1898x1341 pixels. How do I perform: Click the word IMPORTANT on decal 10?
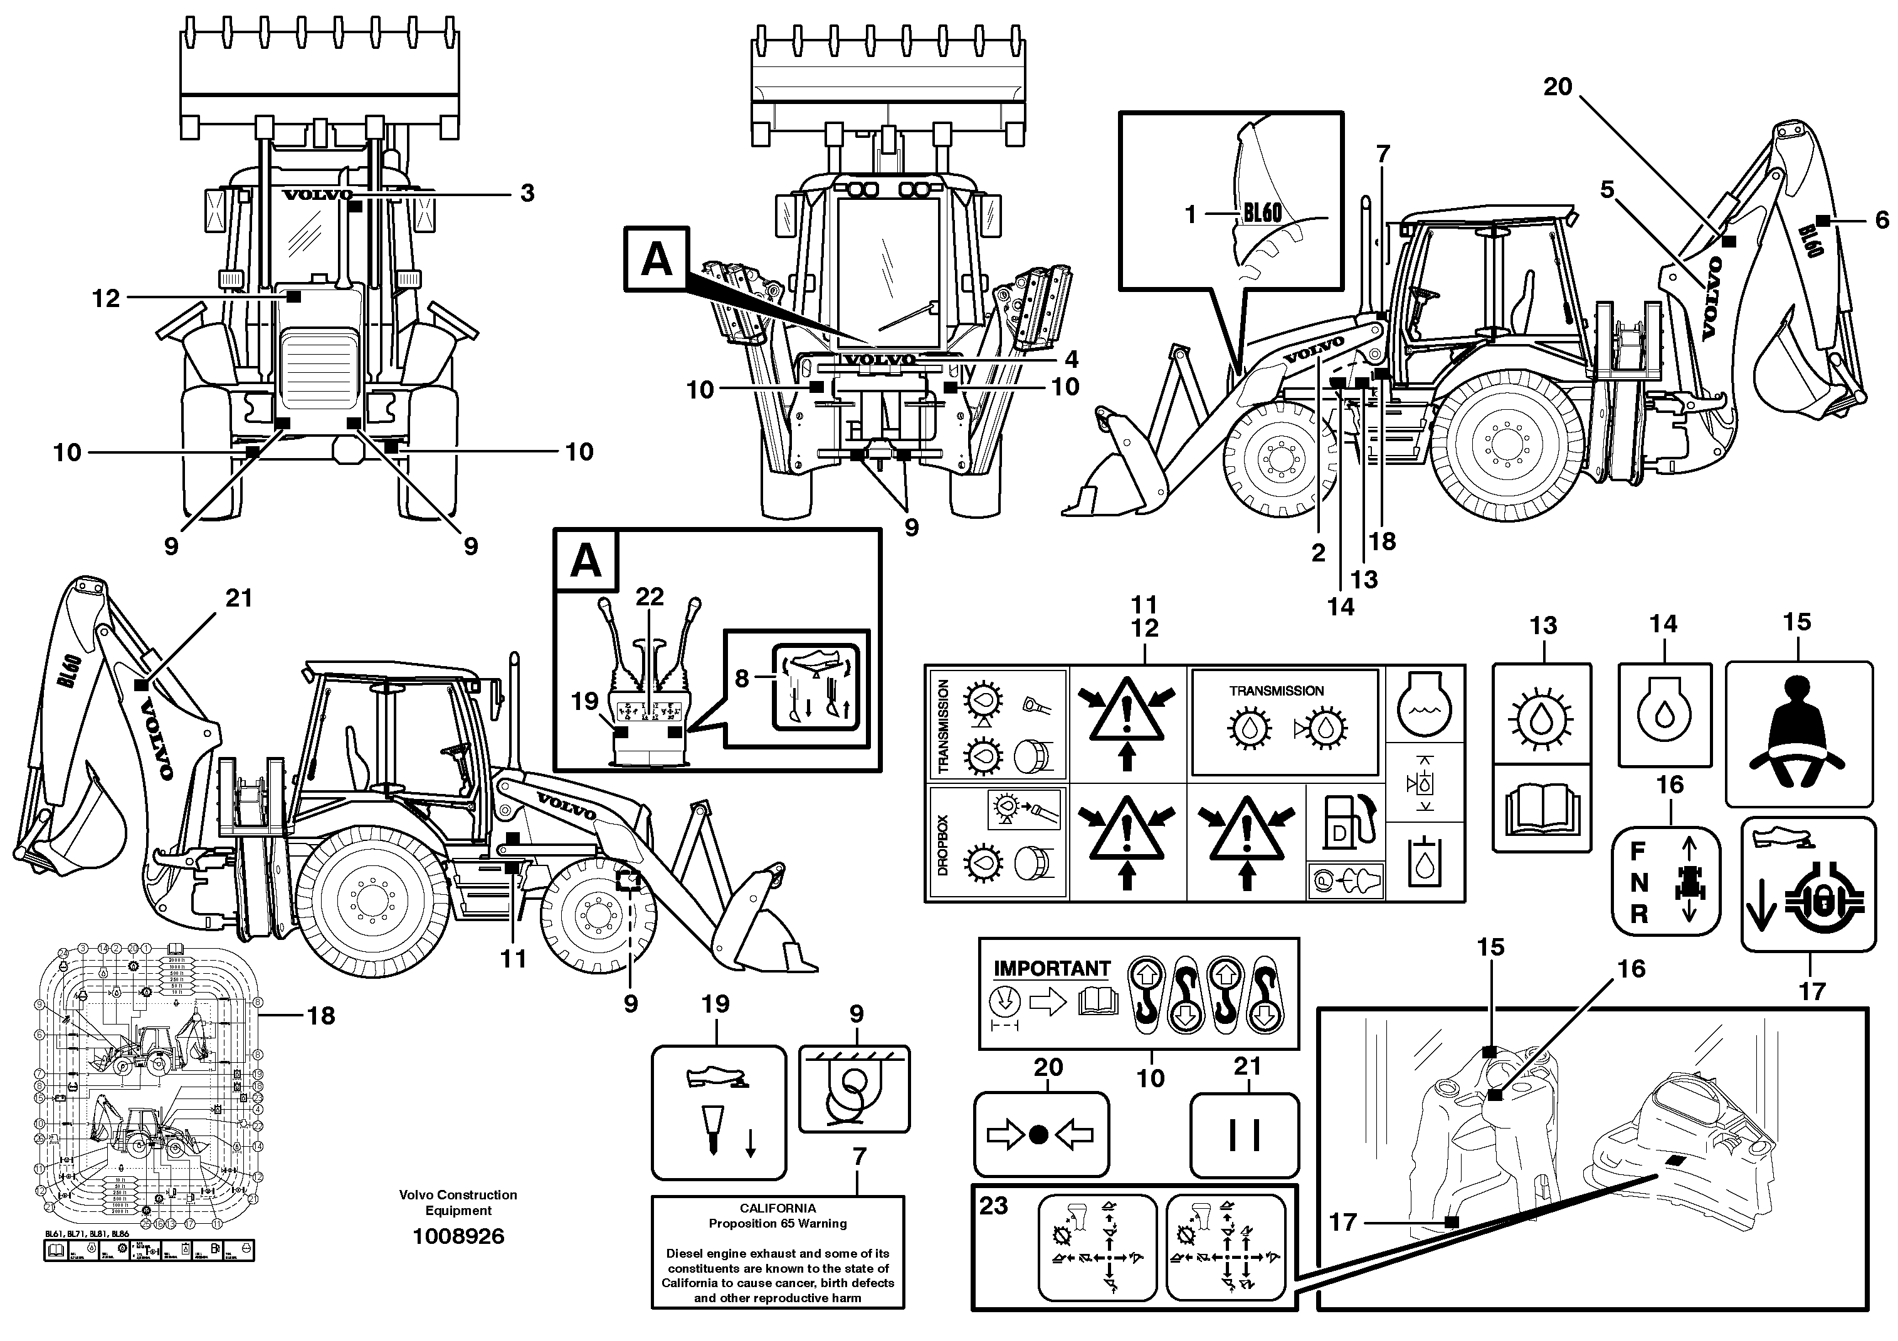(x=1052, y=968)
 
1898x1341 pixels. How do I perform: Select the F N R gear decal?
(x=1666, y=882)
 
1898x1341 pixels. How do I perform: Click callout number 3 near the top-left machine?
(x=527, y=194)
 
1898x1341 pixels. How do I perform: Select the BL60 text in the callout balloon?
(x=1262, y=213)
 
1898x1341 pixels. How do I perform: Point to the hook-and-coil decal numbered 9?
(x=854, y=1088)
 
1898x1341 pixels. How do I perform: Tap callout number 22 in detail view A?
(x=650, y=597)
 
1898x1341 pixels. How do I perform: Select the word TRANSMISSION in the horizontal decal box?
(x=1277, y=691)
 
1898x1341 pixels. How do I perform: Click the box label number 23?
(x=994, y=1206)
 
